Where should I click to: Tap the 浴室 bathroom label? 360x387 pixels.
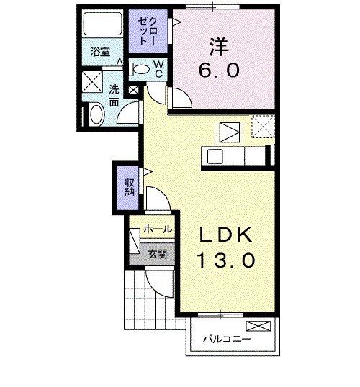coord(100,52)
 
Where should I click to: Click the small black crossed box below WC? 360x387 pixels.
coord(133,91)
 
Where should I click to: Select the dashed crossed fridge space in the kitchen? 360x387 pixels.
coord(261,129)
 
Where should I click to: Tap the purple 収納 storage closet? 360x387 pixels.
coord(129,186)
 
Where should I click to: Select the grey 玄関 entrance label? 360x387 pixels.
coord(158,253)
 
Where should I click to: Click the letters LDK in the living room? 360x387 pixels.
coord(225,235)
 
